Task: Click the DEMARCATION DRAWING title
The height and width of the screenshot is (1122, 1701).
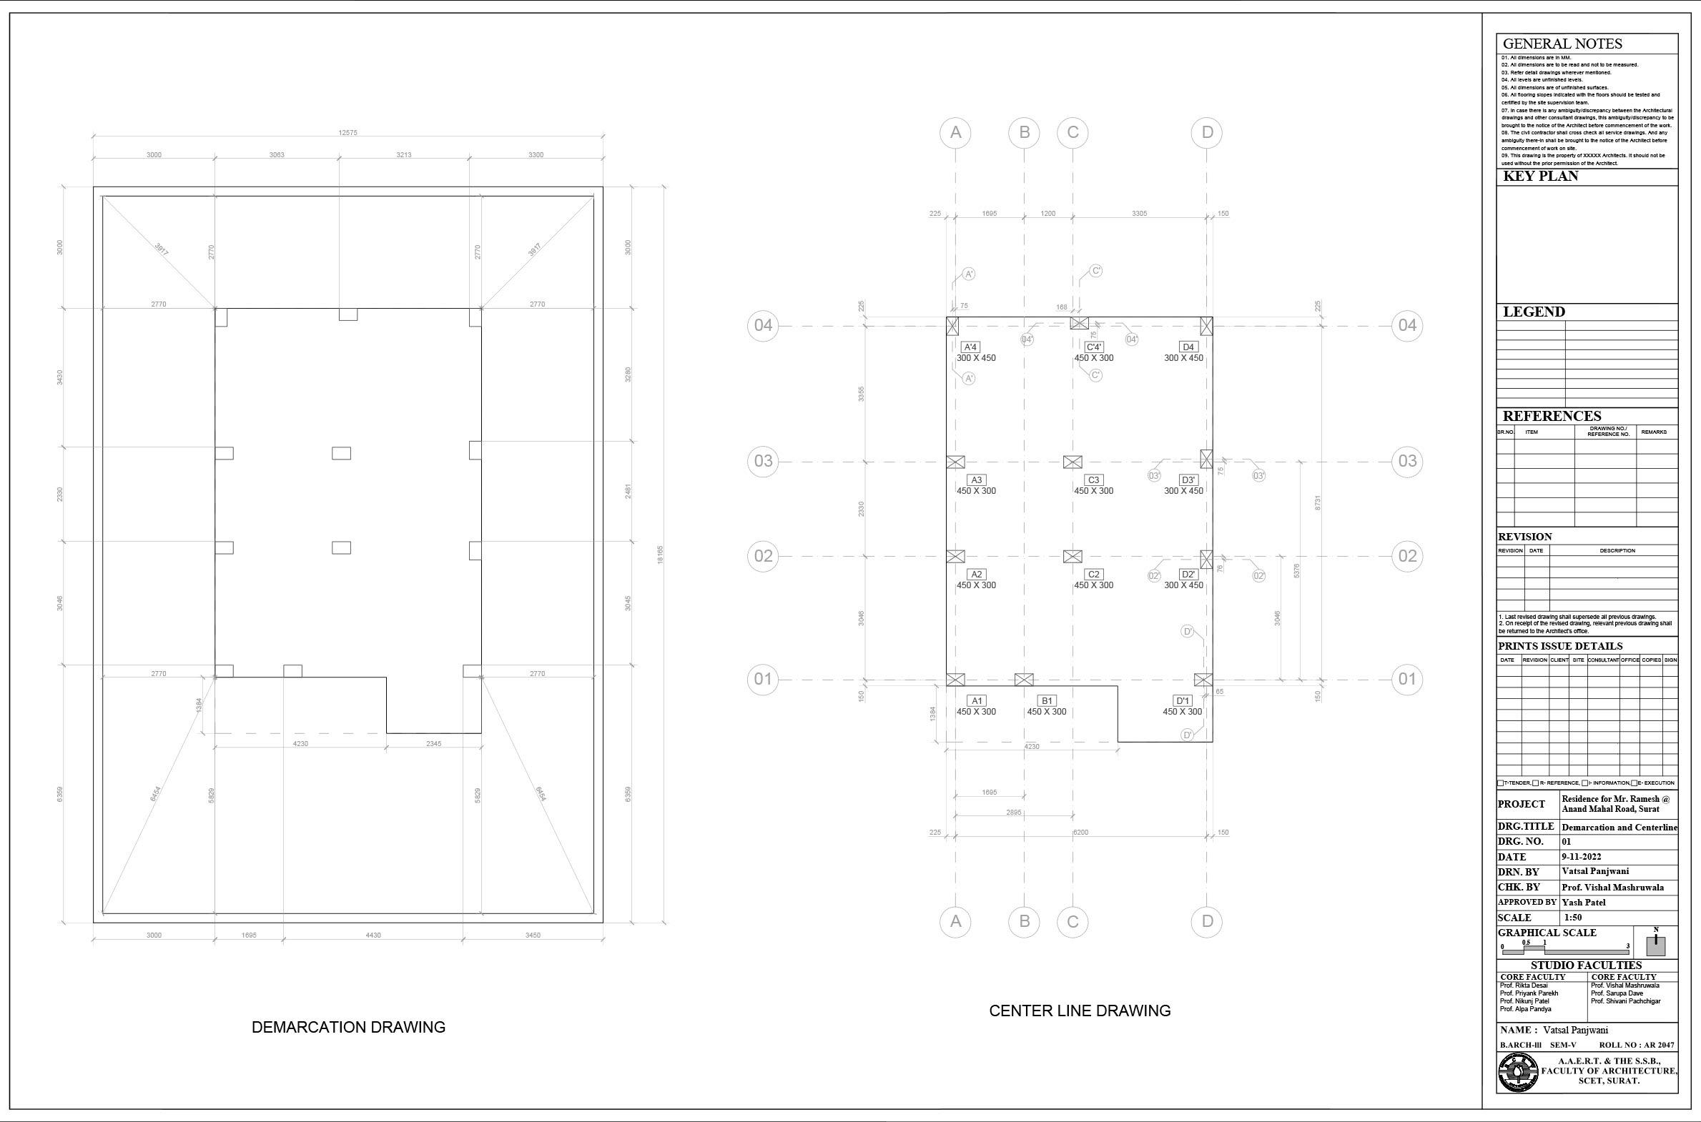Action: click(348, 1027)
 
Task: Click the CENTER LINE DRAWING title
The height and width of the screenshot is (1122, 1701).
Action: click(1080, 1011)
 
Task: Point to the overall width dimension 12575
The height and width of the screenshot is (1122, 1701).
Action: click(347, 132)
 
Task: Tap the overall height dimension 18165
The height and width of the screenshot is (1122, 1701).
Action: click(660, 555)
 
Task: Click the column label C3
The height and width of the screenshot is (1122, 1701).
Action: click(1093, 480)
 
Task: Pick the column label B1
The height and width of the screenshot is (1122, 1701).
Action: click(1047, 700)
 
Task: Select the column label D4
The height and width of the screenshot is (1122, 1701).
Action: click(1188, 347)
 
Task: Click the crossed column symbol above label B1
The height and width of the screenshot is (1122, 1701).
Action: click(1025, 679)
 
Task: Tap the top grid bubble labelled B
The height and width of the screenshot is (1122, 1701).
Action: click(1025, 132)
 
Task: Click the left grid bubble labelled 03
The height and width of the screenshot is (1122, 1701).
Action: click(763, 461)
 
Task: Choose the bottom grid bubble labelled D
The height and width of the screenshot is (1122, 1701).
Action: click(1207, 922)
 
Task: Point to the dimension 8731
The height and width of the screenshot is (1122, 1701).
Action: click(1317, 502)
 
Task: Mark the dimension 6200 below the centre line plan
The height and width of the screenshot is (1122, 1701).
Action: click(1081, 832)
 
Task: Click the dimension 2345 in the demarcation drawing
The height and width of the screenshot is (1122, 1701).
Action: click(434, 743)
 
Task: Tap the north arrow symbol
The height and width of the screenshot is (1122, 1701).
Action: click(1655, 943)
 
